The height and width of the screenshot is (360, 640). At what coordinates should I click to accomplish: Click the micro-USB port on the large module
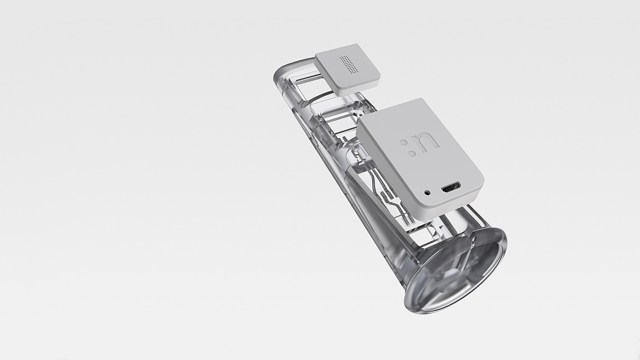point(451,187)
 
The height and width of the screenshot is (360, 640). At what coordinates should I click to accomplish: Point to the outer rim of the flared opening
point(499,251)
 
